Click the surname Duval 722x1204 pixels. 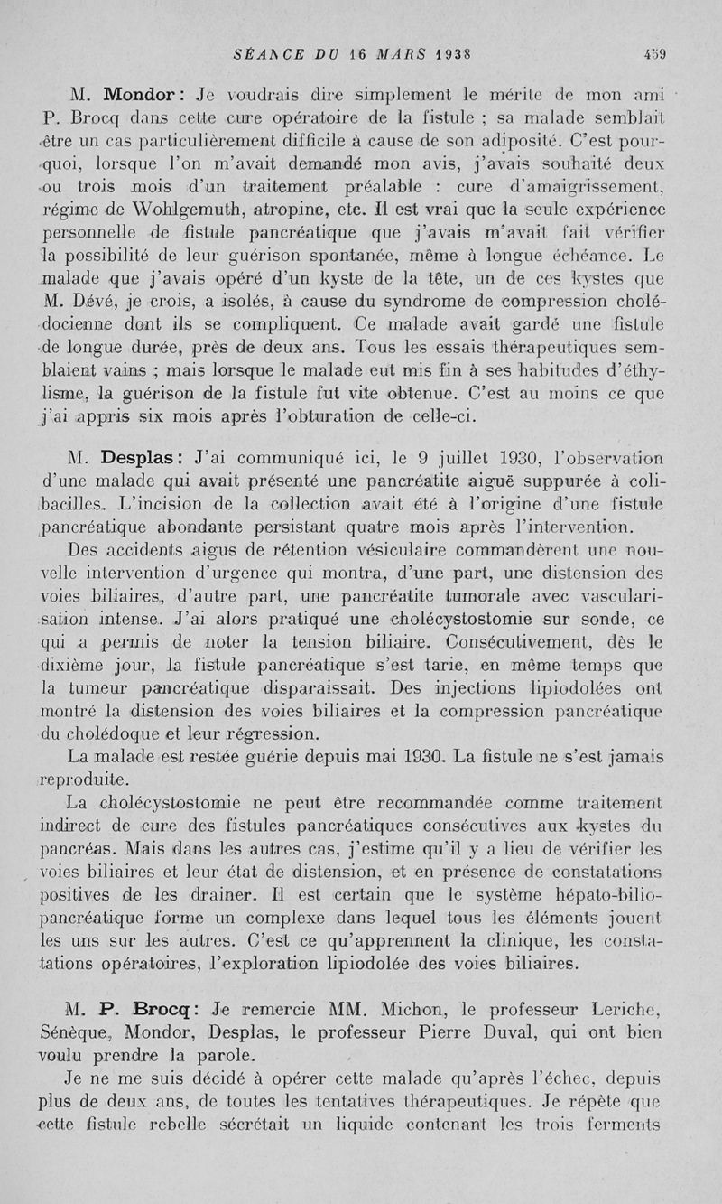pyautogui.click(x=512, y=1031)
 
